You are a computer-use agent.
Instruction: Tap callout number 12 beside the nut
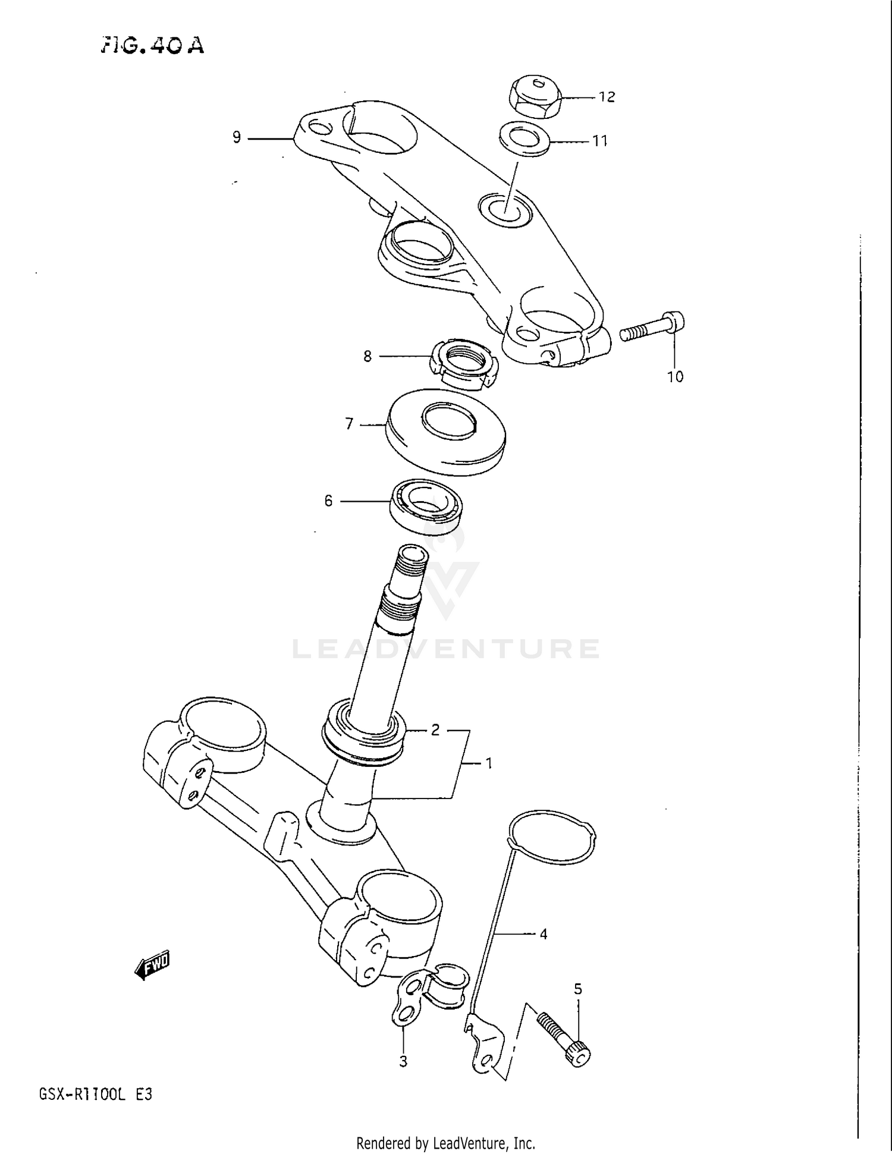607,97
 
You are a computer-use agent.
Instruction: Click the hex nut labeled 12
535,96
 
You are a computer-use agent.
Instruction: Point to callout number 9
237,138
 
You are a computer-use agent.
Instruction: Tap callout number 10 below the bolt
675,376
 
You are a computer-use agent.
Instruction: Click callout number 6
328,501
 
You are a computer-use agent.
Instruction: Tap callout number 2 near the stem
435,730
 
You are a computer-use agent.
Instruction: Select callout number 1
489,763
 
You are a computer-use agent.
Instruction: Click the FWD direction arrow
153,964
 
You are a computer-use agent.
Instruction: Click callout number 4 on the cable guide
543,934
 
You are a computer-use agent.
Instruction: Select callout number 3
403,1061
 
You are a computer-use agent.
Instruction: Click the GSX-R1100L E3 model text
96,1094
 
